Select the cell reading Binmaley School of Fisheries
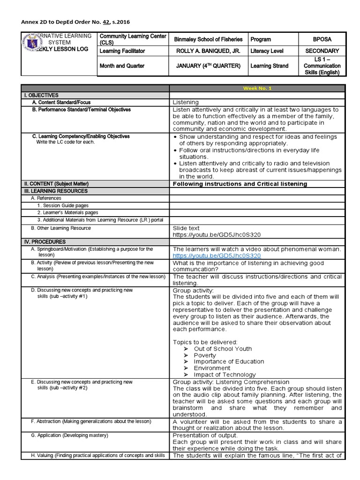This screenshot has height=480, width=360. (208, 40)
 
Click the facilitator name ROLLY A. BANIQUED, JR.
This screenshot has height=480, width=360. (208, 51)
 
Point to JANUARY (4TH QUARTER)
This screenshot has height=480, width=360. (208, 66)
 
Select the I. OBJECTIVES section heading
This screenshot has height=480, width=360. (42, 95)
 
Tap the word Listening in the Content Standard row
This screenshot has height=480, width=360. (186, 102)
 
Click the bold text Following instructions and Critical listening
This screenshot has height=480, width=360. (240, 184)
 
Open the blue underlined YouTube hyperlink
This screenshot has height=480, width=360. (217, 256)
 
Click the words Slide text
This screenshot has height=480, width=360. (186, 228)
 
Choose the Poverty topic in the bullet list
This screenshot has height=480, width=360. (205, 355)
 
